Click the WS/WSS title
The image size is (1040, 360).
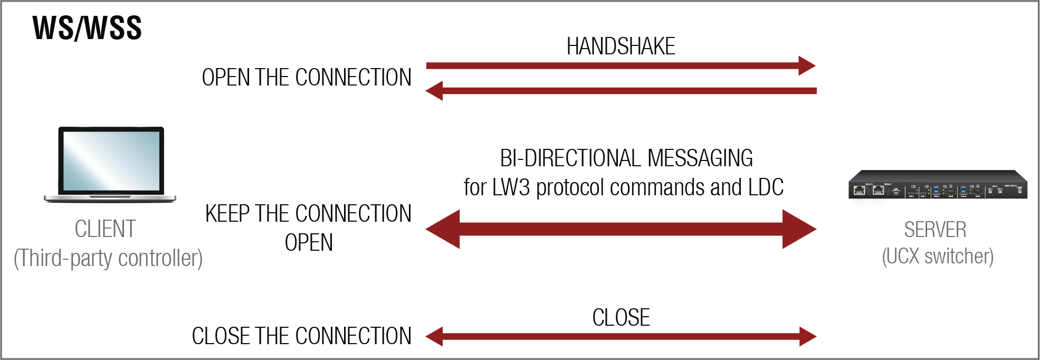pyautogui.click(x=87, y=28)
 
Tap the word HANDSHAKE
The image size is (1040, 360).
pyautogui.click(x=621, y=46)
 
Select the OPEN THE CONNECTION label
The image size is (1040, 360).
pyautogui.click(x=307, y=78)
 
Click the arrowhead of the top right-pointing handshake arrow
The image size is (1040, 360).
pyautogui.click(x=807, y=66)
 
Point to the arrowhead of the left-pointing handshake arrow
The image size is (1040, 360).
pyautogui.click(x=434, y=91)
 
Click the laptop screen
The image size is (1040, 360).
pyautogui.click(x=111, y=160)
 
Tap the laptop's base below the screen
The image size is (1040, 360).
pyautogui.click(x=110, y=198)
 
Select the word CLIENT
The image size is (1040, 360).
pyautogui.click(x=106, y=229)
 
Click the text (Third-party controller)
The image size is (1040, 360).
pyautogui.click(x=108, y=258)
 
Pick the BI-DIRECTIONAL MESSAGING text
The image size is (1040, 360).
pyautogui.click(x=626, y=158)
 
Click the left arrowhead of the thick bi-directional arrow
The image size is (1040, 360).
pyautogui.click(x=443, y=229)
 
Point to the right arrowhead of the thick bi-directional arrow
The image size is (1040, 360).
pyautogui.click(x=799, y=229)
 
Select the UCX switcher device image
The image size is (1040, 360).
pyautogui.click(x=938, y=185)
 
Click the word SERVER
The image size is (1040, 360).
pyautogui.click(x=936, y=230)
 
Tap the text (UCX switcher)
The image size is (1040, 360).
pyautogui.click(x=938, y=257)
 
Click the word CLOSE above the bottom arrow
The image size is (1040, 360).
pyautogui.click(x=621, y=318)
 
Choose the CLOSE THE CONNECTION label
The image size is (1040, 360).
pyautogui.click(x=302, y=336)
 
